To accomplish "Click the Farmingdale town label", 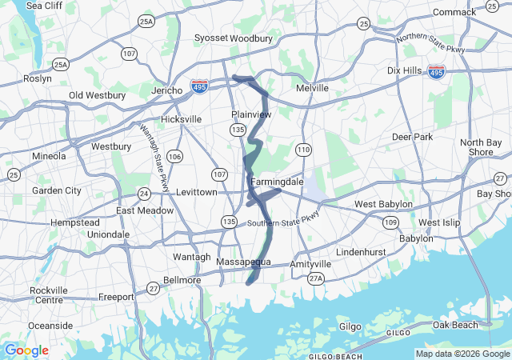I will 277,182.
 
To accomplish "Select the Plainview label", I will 252,114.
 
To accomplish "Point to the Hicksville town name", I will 181,119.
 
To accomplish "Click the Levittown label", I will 196,193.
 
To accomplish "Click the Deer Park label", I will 412,137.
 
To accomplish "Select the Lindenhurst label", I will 361,252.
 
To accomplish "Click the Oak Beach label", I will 455,325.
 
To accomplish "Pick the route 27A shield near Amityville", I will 316,278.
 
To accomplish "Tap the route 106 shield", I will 174,156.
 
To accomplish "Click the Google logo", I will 26,350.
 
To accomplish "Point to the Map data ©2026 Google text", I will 462,354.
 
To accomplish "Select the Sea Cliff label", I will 44,6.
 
